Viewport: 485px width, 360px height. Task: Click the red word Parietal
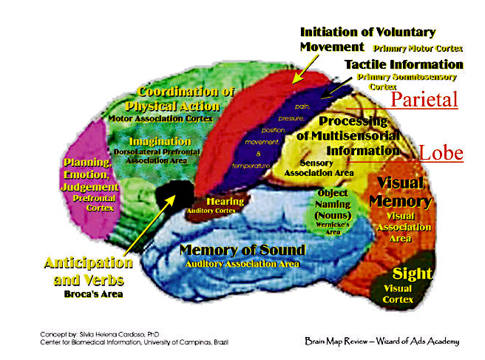click(424, 100)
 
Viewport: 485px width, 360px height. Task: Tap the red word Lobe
click(441, 153)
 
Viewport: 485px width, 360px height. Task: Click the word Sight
click(412, 274)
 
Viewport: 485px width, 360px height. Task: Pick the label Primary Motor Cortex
click(418, 48)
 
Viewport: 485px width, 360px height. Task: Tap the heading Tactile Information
click(404, 64)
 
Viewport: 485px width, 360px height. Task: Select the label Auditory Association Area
click(243, 264)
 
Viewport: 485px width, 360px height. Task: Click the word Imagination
click(160, 141)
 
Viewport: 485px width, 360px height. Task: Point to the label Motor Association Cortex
click(160, 118)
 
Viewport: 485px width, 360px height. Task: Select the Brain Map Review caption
click(381, 342)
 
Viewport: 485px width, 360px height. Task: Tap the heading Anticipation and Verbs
click(89, 271)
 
